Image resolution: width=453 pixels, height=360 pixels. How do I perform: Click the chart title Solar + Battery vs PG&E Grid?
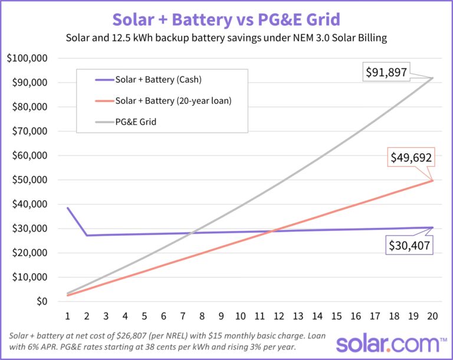coord(226,19)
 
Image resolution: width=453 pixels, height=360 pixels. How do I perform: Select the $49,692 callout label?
coord(411,158)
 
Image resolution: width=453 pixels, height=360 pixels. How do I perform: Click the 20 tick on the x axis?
coord(433,316)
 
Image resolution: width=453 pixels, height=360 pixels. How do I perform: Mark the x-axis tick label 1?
coord(68,316)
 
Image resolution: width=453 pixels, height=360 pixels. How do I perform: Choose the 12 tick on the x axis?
coord(279,316)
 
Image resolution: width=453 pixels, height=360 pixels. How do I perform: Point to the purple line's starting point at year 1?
coord(68,208)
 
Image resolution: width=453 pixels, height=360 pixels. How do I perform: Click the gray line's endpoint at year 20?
coord(433,78)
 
